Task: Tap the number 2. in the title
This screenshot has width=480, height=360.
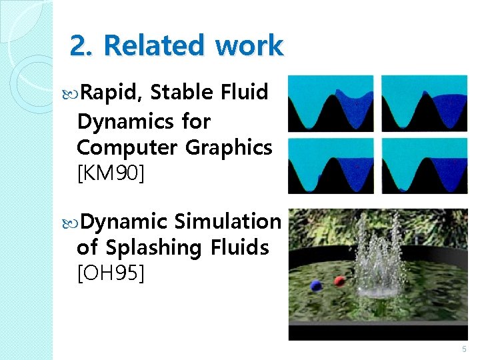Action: coord(82,46)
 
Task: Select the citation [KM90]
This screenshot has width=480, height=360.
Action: coord(111,175)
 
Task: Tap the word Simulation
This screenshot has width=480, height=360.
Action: coord(228,221)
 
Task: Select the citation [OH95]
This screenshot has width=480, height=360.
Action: coord(110,272)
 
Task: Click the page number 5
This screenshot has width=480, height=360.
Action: coord(463,349)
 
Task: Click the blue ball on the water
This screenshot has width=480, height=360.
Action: coord(316,285)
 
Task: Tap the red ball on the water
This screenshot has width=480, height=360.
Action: coord(339,281)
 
